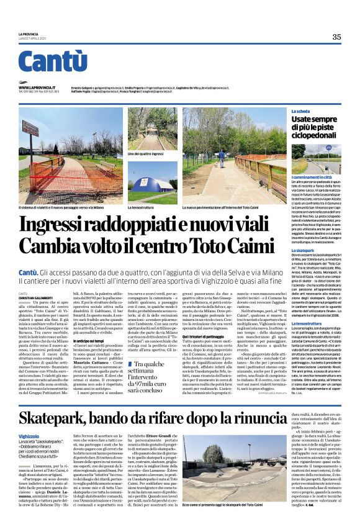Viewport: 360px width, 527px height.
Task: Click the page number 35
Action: pyautogui.click(x=336, y=37)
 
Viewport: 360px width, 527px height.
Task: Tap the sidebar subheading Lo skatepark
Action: pyautogui.click(x=303, y=249)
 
